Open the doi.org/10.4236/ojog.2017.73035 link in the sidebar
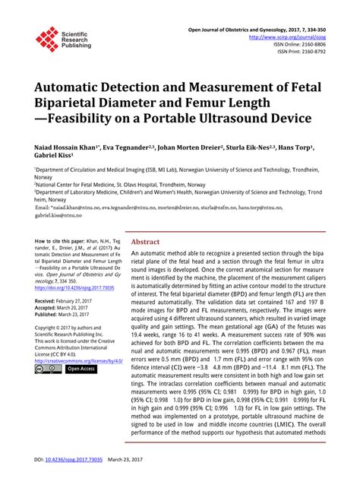[x=74, y=288]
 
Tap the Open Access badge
[x=81, y=369]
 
